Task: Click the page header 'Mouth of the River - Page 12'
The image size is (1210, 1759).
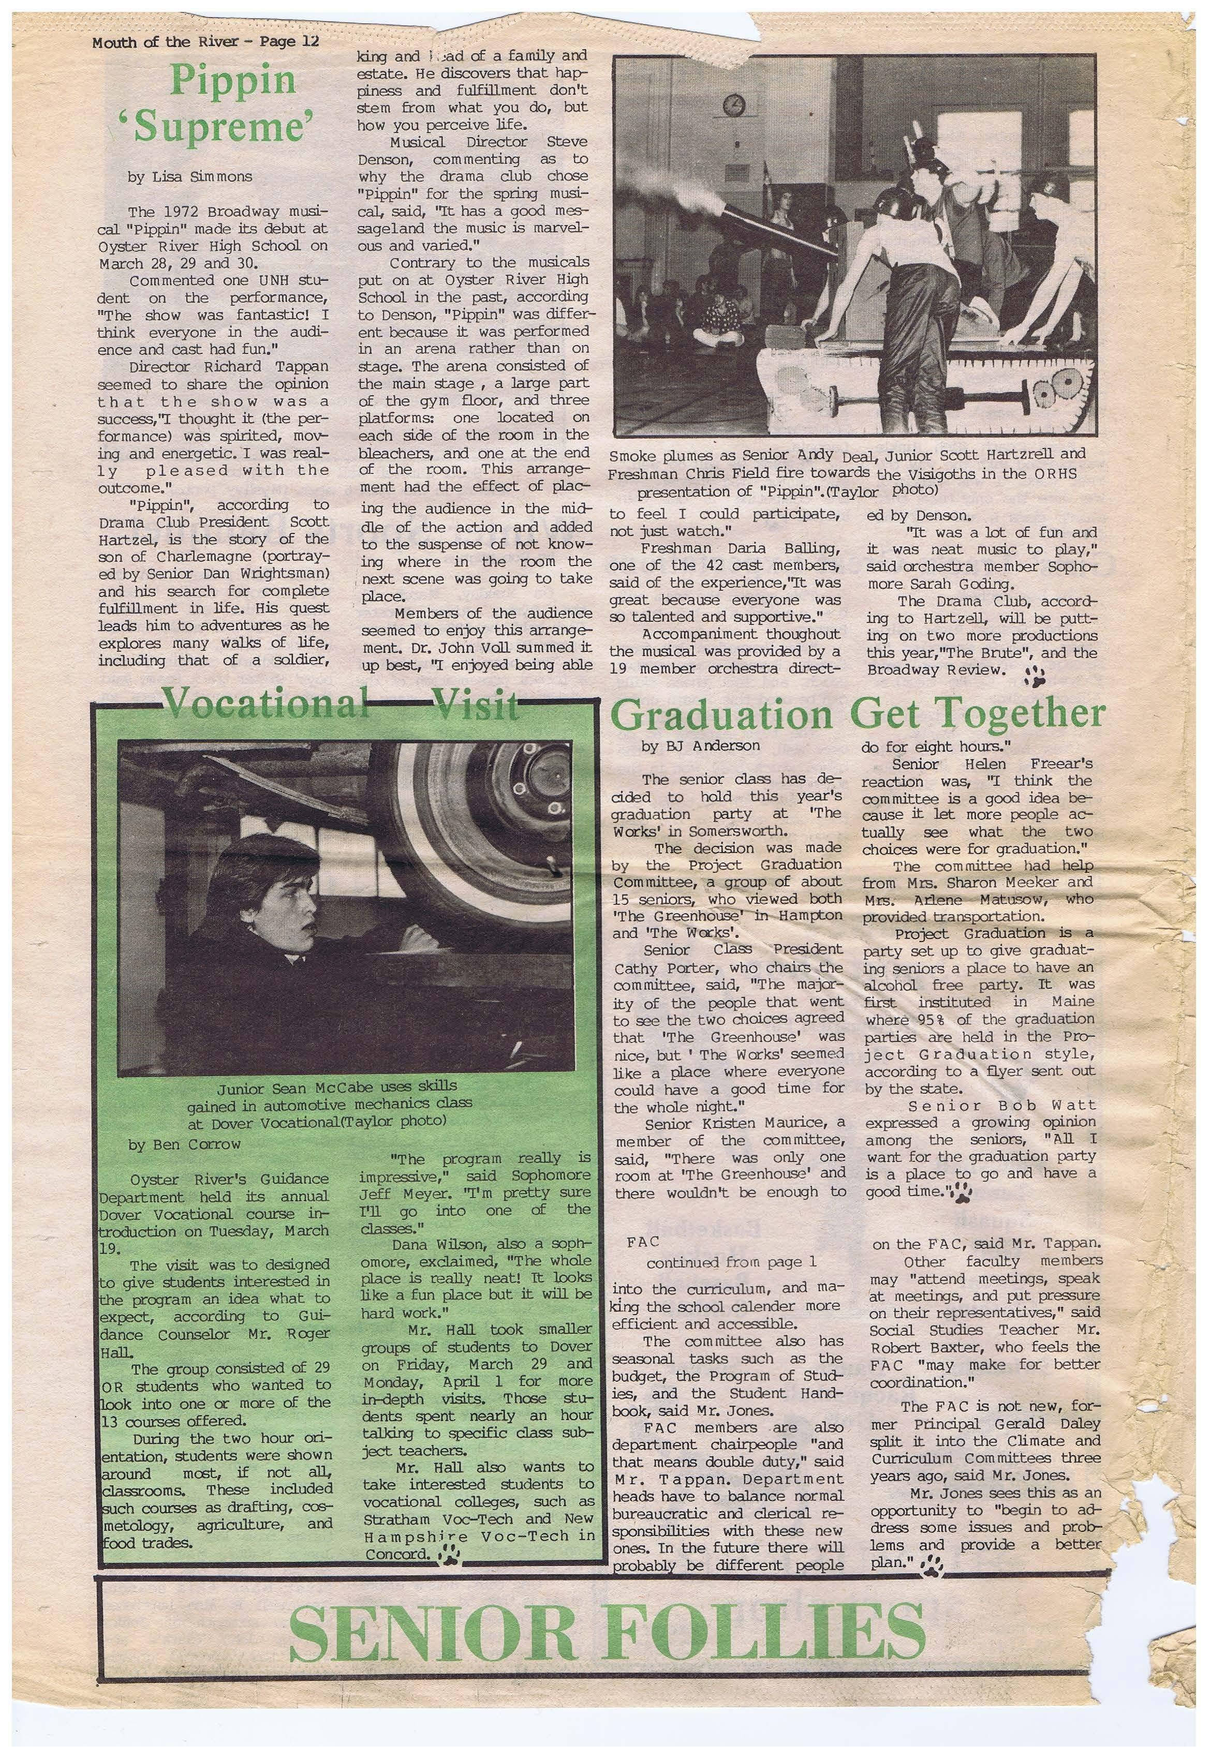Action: (x=205, y=42)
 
